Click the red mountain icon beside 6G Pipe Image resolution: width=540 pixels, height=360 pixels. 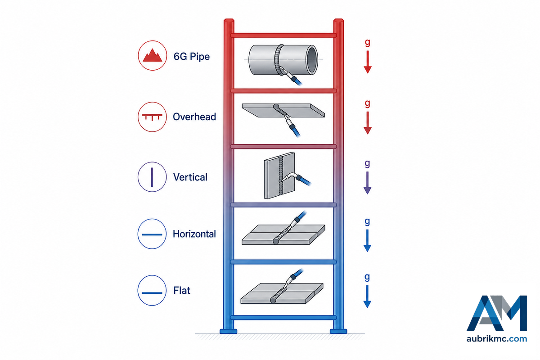click(153, 55)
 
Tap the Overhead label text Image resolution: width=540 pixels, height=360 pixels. click(194, 117)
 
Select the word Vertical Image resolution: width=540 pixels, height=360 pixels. click(190, 177)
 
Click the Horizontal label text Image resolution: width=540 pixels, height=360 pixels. click(194, 234)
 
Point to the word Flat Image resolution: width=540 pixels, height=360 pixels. click(182, 290)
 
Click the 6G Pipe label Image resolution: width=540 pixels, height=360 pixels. click(192, 56)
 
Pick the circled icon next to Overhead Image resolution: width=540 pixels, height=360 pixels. click(152, 117)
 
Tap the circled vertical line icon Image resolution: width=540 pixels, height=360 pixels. click(152, 177)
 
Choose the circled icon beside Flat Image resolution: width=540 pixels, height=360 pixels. click(152, 291)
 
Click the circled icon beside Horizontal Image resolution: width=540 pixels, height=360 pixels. click(152, 234)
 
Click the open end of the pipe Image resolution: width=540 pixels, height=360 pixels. click(312, 60)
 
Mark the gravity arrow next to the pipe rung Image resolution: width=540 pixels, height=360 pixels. click(367, 62)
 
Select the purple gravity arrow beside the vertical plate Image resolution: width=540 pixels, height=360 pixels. click(367, 183)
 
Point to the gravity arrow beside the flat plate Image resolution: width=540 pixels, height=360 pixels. click(367, 297)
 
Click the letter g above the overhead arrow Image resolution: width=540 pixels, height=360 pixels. click(367, 103)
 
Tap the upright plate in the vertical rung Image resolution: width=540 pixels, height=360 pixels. click(279, 175)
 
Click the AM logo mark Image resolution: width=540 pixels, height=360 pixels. click(497, 313)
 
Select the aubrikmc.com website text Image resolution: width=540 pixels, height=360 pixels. click(497, 339)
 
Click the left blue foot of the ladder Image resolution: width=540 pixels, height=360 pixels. click(228, 331)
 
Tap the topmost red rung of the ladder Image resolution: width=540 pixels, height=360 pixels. click(283, 35)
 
